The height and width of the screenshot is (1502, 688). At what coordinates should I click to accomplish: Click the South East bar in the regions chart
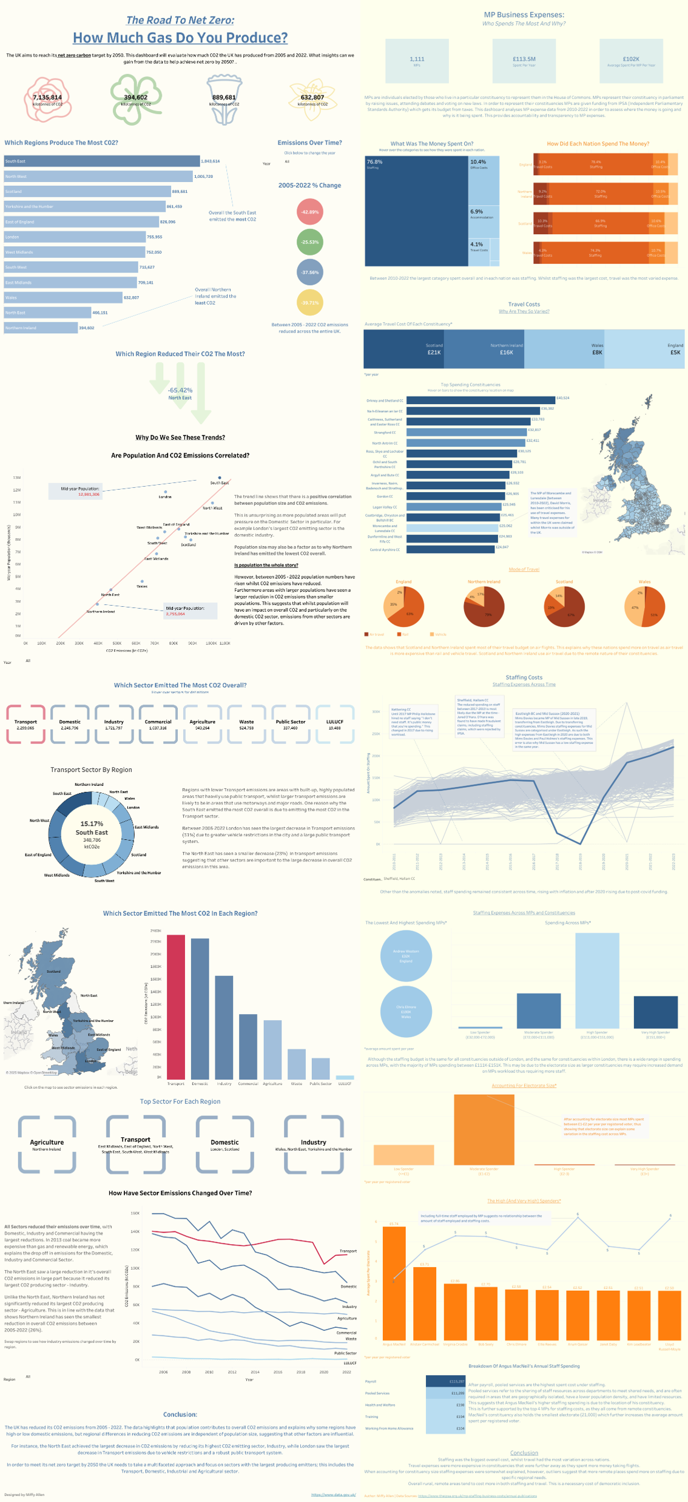pyautogui.click(x=102, y=161)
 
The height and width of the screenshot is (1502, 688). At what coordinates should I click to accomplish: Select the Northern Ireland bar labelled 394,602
pyautogui.click(x=41, y=328)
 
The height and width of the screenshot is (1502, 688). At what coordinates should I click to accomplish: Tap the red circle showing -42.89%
pyautogui.click(x=309, y=212)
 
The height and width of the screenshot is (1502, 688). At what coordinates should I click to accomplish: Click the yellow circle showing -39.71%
pyautogui.click(x=309, y=303)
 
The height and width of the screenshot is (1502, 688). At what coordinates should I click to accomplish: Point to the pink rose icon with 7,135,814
pyautogui.click(x=47, y=99)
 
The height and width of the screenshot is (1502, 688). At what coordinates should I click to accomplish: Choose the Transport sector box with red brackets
pyautogui.click(x=25, y=724)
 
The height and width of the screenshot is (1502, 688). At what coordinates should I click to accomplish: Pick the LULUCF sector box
pyautogui.click(x=335, y=724)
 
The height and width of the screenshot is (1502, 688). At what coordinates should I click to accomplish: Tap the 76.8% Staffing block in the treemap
pyautogui.click(x=416, y=211)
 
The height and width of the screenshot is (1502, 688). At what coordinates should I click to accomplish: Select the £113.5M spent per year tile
pyautogui.click(x=524, y=61)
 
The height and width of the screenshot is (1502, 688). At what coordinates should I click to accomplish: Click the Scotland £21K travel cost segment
pyautogui.click(x=403, y=349)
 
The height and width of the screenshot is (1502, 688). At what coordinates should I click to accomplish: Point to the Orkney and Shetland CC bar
pyautogui.click(x=481, y=400)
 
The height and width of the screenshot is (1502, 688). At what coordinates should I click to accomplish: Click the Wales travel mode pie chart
pyautogui.click(x=644, y=606)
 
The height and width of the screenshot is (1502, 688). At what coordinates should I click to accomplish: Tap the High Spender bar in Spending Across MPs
pyautogui.click(x=597, y=980)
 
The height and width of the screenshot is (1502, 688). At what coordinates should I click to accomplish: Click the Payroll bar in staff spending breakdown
pyautogui.click(x=445, y=1381)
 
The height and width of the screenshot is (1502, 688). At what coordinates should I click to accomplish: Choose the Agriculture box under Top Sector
pyautogui.click(x=47, y=1145)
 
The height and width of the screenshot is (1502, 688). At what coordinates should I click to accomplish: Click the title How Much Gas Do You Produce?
pyautogui.click(x=180, y=38)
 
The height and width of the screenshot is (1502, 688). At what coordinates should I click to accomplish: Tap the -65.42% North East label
pyautogui.click(x=180, y=393)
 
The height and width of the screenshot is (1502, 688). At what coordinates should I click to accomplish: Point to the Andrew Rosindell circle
pyautogui.click(x=406, y=956)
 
